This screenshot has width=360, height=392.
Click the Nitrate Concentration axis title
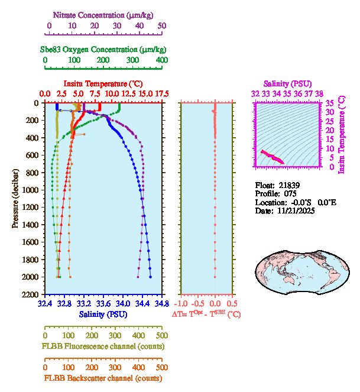point(105,14)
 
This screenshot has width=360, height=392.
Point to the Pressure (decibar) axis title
point(15,198)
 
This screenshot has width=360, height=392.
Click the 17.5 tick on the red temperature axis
point(162,93)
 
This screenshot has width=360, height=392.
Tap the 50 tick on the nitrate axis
point(162,25)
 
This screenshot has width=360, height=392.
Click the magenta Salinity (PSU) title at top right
point(287,84)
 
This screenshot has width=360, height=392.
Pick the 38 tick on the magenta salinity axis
point(319,93)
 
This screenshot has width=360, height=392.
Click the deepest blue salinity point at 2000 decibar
point(150,277)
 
